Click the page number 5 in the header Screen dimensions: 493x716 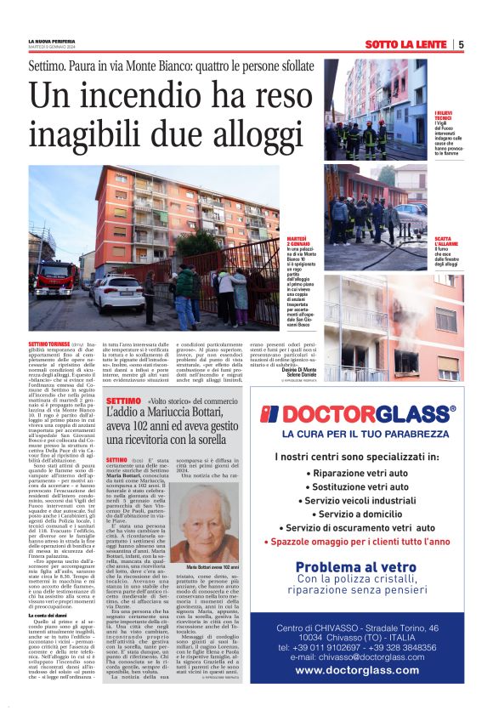[x=461, y=44]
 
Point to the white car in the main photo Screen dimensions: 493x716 [x=118, y=294]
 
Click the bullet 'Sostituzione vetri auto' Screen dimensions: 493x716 [x=371, y=480]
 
